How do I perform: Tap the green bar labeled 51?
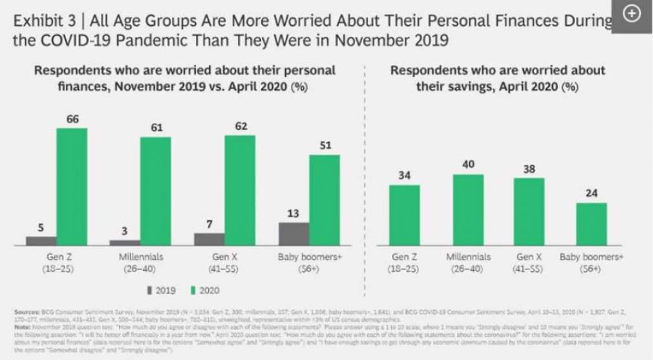coord(325,200)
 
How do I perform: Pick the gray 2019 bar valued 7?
coord(209,239)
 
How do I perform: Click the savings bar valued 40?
coord(468,209)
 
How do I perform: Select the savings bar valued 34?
coord(404,215)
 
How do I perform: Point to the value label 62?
coord(241,126)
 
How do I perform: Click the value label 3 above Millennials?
coord(125,231)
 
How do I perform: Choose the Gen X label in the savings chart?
coord(529,257)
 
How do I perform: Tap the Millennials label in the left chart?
coord(141,257)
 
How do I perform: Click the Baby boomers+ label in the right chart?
coord(591,257)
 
